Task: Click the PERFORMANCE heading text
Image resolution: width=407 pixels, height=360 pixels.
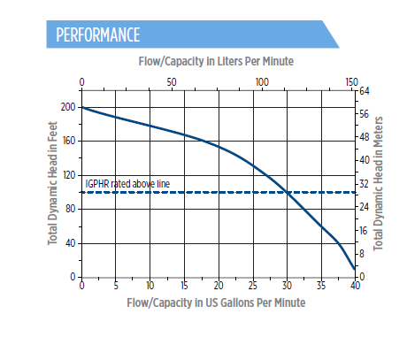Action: pos(98,34)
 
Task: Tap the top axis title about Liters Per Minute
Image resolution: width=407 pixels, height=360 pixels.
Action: pos(216,61)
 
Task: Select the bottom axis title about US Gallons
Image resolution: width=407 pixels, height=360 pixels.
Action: pos(216,303)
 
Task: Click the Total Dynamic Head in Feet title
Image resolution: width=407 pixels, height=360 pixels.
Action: pos(52,183)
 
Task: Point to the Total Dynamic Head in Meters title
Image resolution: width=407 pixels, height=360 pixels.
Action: pos(378,183)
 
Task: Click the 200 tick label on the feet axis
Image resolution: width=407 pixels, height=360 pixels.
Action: pos(68,107)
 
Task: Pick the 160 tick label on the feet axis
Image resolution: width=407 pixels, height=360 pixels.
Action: pos(69,141)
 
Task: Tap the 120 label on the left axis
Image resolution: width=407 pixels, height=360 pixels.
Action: pos(69,175)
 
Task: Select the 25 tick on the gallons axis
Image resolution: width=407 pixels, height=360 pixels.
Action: pos(253,286)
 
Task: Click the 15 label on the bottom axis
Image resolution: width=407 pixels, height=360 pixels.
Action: pos(184,286)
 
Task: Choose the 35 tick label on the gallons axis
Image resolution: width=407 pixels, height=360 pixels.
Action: pos(321,286)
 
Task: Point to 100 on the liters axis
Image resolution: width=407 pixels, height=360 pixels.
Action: pos(262,82)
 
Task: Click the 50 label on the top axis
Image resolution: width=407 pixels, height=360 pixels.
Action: pos(172,82)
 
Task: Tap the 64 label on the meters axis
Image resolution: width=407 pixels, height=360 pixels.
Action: pos(364,91)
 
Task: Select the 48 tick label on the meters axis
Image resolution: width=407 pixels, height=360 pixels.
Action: pos(364,137)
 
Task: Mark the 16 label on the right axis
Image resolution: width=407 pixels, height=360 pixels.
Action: pos(364,230)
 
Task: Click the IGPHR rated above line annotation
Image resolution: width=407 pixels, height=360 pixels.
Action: pos(127,184)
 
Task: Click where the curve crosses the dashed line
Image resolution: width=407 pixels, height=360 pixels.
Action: pos(288,192)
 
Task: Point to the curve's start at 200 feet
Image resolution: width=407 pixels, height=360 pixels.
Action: pos(82,107)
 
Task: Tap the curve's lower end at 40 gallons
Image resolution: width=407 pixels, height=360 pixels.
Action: pos(355,269)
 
